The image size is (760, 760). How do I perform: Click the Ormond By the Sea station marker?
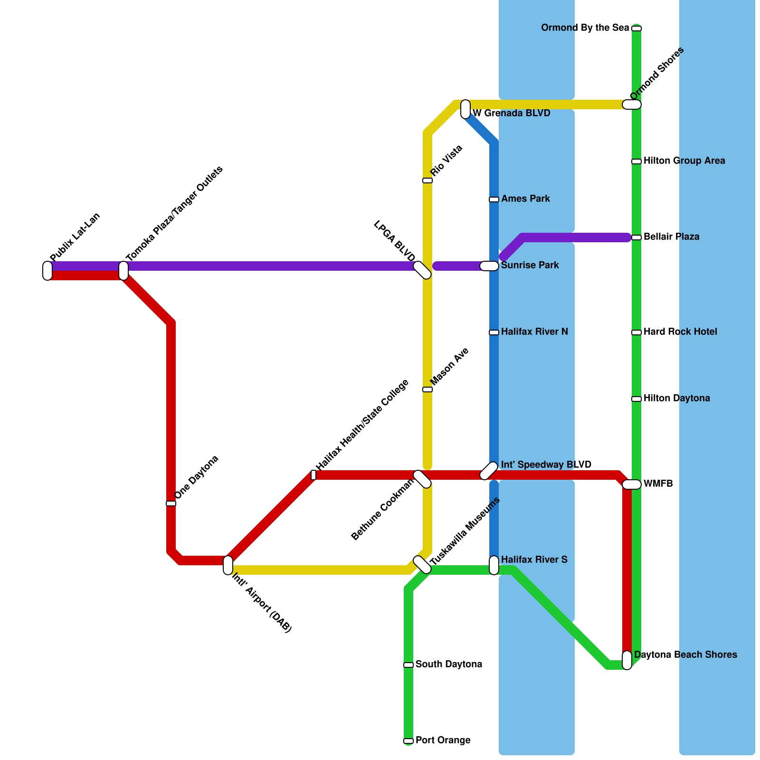click(x=636, y=28)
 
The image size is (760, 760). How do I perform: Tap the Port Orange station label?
click(x=443, y=740)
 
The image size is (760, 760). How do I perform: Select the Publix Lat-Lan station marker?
click(x=47, y=271)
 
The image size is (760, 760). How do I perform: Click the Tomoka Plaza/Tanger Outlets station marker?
click(x=123, y=271)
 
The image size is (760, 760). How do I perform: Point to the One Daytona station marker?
click(x=171, y=503)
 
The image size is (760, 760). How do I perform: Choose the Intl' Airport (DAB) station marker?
click(x=228, y=565)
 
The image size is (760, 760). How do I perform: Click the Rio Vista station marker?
click(x=427, y=180)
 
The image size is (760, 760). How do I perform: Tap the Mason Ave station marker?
click(x=427, y=389)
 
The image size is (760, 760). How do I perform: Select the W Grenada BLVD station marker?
click(x=465, y=109)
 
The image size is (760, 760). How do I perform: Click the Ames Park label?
click(x=525, y=199)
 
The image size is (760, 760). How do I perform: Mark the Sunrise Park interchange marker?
click(x=489, y=266)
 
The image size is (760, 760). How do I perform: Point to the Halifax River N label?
click(x=534, y=332)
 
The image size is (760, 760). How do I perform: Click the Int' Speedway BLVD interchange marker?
click(x=489, y=471)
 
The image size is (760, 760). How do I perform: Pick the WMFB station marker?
click(x=632, y=484)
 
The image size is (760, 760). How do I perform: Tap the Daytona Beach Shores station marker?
click(x=627, y=660)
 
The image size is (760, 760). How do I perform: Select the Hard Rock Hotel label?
click(x=680, y=332)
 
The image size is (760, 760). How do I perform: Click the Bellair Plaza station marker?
click(x=636, y=237)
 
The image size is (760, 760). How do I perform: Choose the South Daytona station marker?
click(x=408, y=665)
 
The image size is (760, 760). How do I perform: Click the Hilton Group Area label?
click(x=684, y=161)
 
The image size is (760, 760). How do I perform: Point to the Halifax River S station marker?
click(x=494, y=565)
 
